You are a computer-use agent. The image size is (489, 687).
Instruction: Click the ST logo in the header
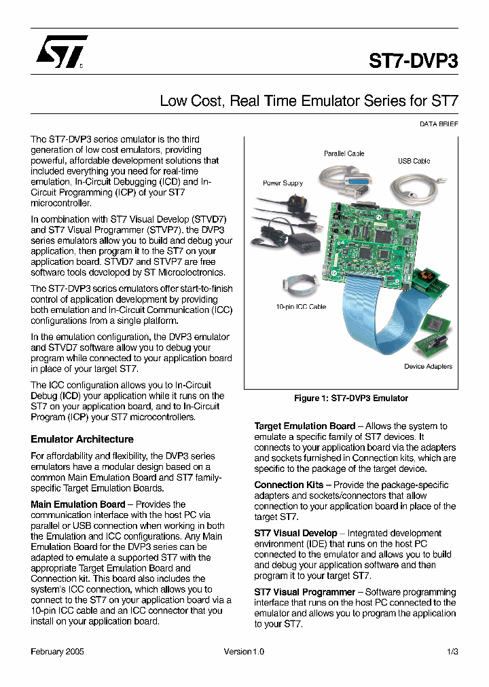point(61,52)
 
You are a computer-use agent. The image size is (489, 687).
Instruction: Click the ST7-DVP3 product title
point(413,60)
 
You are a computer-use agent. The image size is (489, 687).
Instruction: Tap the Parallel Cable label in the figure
point(344,153)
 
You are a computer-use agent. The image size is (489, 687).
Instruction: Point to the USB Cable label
point(414,161)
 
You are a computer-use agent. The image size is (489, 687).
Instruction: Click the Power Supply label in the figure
point(283,183)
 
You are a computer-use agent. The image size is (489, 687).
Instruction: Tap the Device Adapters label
point(428,367)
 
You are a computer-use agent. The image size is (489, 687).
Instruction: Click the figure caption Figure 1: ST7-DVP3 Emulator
point(350,398)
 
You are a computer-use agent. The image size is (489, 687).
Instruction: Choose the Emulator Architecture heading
point(82,439)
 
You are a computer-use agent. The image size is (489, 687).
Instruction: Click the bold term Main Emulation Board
point(78,504)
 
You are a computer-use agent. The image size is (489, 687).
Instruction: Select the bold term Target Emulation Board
point(304,426)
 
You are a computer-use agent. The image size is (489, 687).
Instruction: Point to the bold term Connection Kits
point(289,485)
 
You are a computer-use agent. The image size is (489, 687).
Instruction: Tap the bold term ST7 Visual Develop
point(295,533)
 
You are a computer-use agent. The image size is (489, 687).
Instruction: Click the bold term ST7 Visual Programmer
point(304,592)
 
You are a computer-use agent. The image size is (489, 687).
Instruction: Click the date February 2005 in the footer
point(58,652)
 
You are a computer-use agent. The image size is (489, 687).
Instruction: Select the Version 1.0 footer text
point(244,652)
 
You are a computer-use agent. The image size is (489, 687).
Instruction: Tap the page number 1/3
point(452,652)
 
